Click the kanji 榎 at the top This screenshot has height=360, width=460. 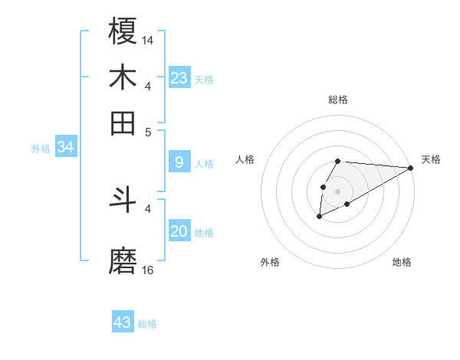123,31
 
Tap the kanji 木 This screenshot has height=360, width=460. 123,78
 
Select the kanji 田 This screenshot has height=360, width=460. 123,123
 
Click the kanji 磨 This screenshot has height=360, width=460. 123,261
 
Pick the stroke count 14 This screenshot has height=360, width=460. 148,40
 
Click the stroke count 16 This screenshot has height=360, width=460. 148,270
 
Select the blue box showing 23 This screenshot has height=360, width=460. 179,77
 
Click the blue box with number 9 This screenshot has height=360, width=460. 179,162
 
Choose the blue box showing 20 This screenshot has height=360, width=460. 179,232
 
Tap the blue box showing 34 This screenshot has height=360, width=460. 65,148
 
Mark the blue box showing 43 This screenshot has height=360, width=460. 123,322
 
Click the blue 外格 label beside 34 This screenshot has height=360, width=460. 41,149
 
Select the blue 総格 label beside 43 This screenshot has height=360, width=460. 147,324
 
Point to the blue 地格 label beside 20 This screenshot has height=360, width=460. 204,233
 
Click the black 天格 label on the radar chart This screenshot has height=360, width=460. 431,159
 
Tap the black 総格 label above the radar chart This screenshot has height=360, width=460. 337,100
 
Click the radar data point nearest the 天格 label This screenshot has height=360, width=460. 410,168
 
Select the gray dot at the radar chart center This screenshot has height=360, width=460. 337,190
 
